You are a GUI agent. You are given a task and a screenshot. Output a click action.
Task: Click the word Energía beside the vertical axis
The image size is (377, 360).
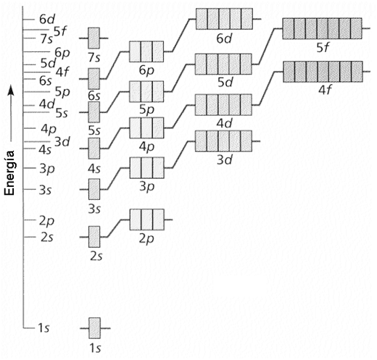pyautogui.click(x=9, y=173)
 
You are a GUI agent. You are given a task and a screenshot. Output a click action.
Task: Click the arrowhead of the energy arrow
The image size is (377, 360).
pyautogui.click(x=11, y=90)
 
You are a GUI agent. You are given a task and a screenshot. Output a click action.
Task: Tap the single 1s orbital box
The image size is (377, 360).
pyautogui.click(x=94, y=328)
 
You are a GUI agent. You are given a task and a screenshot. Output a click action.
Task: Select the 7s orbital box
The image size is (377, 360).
pyautogui.click(x=94, y=38)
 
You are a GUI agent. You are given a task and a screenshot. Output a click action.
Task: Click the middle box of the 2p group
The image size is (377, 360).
pyautogui.click(x=147, y=219)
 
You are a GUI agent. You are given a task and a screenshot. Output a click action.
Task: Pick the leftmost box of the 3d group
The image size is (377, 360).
pyautogui.click(x=201, y=141)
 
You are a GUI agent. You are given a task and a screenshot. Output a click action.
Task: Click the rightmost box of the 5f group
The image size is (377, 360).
pyautogui.click(x=356, y=28)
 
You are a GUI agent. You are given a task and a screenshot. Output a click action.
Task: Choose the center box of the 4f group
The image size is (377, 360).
pyautogui.click(x=323, y=72)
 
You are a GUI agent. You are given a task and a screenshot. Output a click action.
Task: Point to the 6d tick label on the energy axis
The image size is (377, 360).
pyautogui.click(x=47, y=20)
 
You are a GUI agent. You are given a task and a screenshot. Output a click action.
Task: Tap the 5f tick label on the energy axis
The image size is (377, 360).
pyautogui.click(x=60, y=30)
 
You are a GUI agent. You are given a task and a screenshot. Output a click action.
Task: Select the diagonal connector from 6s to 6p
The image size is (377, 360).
pyautogui.click(x=113, y=65)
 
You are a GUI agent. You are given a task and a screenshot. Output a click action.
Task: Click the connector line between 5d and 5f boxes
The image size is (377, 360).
pyautogui.click(x=267, y=46)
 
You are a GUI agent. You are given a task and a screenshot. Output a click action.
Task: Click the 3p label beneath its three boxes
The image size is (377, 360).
pyautogui.click(x=147, y=187)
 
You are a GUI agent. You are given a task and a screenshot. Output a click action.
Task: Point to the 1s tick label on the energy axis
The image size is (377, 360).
pyautogui.click(x=43, y=328)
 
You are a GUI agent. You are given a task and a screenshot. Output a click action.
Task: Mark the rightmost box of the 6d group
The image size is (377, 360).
pyautogui.click(x=247, y=19)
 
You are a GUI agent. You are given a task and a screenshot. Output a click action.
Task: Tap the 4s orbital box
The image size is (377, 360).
pyautogui.click(x=94, y=148)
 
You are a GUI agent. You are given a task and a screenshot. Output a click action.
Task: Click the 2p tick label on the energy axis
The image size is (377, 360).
pyautogui.click(x=47, y=221)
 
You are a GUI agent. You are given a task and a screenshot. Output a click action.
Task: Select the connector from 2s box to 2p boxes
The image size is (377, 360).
pyautogui.click(x=115, y=228)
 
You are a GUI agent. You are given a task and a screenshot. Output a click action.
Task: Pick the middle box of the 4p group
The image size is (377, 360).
pyautogui.click(x=147, y=127)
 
